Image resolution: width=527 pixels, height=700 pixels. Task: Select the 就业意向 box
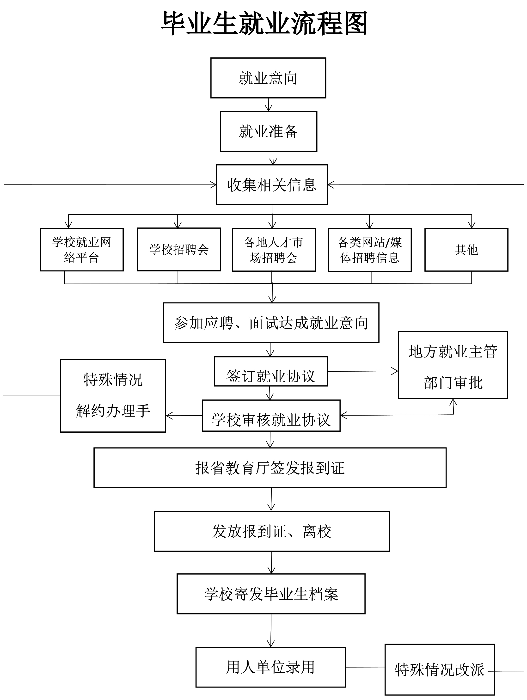pos(268,78)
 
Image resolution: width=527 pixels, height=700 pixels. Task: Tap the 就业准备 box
pos(268,131)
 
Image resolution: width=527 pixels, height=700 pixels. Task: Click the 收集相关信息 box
pos(272,184)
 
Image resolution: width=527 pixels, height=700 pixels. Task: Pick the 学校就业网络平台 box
pos(82,249)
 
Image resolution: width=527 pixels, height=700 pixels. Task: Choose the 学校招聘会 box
pos(179,249)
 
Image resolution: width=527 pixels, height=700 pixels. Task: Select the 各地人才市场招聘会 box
pos(274,250)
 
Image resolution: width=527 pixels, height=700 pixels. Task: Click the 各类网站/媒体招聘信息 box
pos(369,250)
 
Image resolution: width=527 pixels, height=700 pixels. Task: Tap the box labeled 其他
pos(466,250)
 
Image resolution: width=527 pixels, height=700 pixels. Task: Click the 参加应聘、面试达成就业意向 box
pos(271,323)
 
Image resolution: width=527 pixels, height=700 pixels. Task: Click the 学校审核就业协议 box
pos(271,416)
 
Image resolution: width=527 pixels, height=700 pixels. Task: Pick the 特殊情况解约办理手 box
pos(113,396)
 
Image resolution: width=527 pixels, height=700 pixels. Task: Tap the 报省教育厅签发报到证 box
pos(270,468)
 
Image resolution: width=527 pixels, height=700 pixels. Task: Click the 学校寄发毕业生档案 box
pos(271,594)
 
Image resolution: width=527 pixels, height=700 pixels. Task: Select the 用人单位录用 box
pos(271,667)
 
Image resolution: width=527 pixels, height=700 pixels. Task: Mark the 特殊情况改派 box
pos(439,670)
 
